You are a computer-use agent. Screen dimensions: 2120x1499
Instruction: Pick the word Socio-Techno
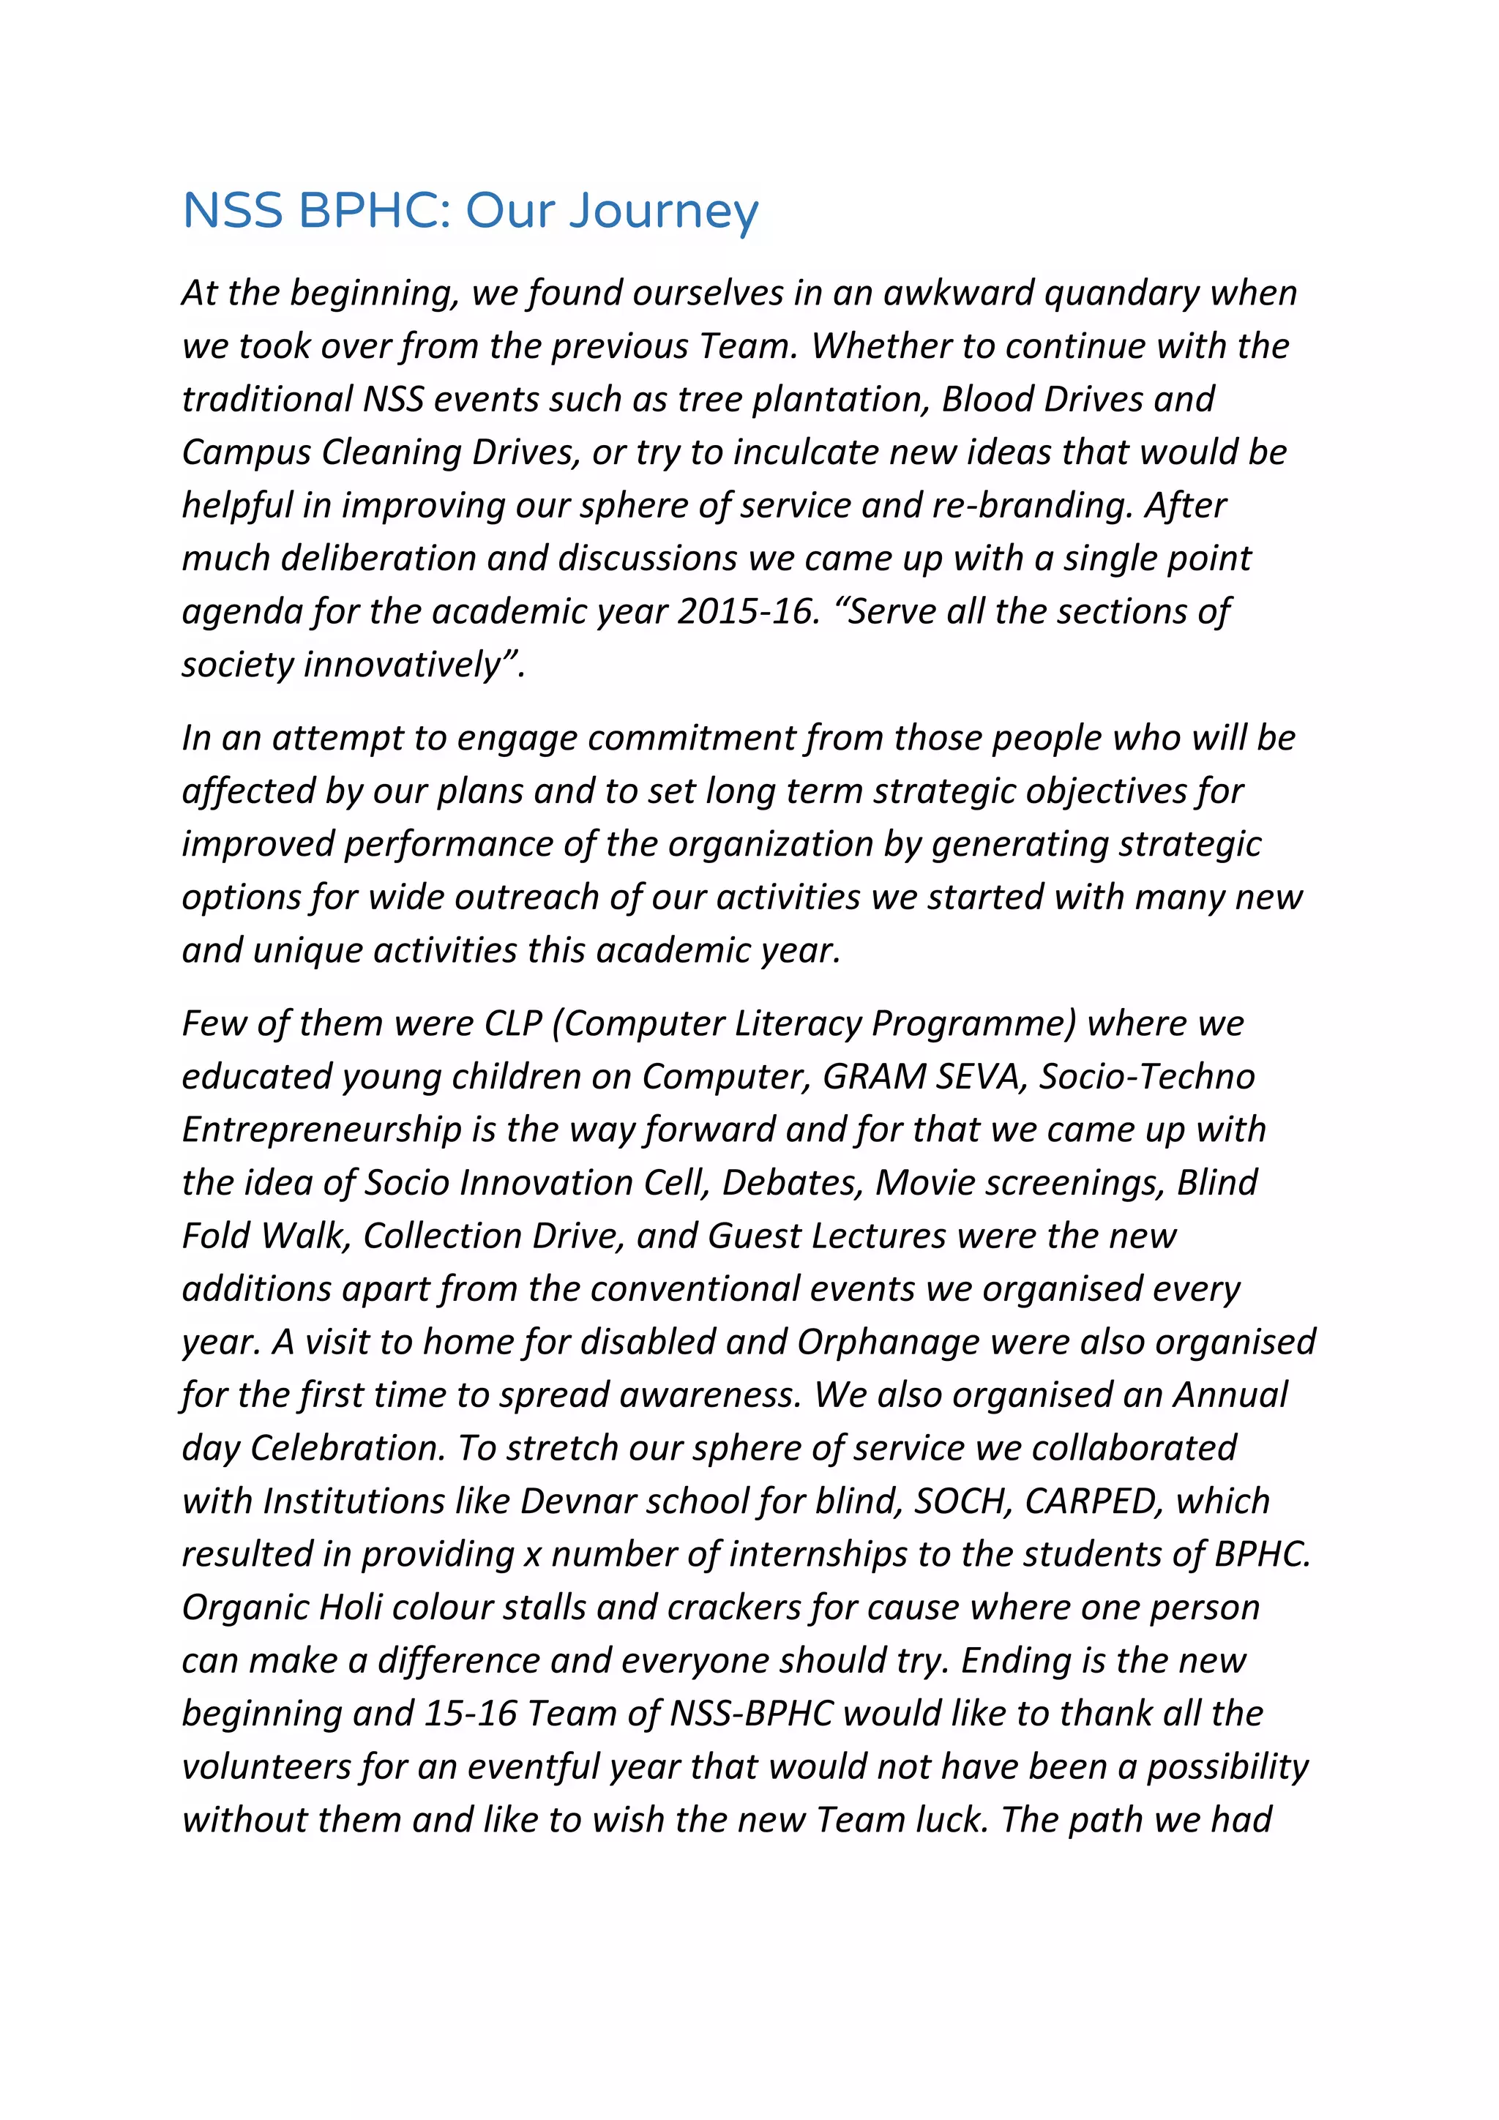tap(1146, 1077)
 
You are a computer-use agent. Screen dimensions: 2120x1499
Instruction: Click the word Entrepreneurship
tap(321, 1130)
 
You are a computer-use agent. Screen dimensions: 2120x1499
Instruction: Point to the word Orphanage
tap(887, 1343)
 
